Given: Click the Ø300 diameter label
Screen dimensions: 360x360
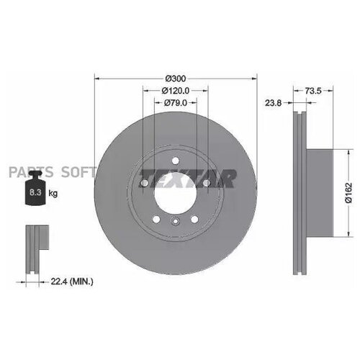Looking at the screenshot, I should [176, 77].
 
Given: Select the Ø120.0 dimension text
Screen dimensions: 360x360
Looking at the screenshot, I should [176, 91].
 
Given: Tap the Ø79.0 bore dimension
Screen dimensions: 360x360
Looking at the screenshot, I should [176, 104].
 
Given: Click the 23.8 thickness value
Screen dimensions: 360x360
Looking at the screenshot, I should [274, 102].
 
